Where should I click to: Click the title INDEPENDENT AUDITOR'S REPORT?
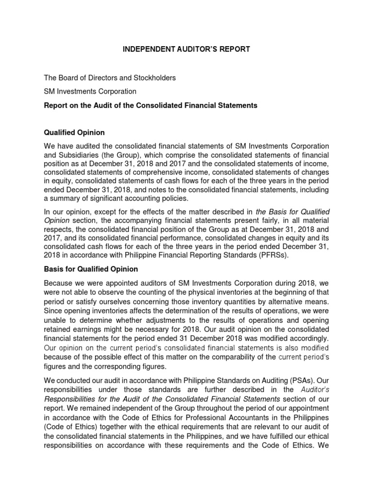186,49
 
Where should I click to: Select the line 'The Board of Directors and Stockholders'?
110,78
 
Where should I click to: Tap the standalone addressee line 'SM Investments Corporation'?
90,91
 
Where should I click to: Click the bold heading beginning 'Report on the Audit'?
151,105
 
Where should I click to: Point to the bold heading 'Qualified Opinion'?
74,133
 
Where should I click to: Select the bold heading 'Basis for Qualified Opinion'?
91,269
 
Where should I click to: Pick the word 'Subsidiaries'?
78,154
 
